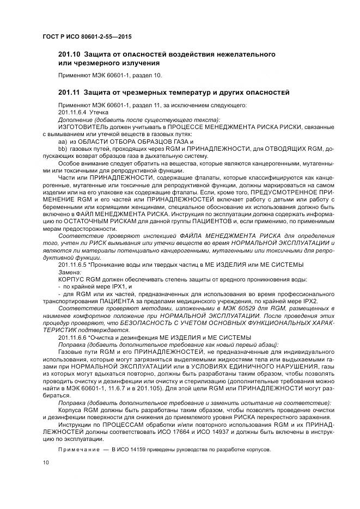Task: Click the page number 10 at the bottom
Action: point(45,462)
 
